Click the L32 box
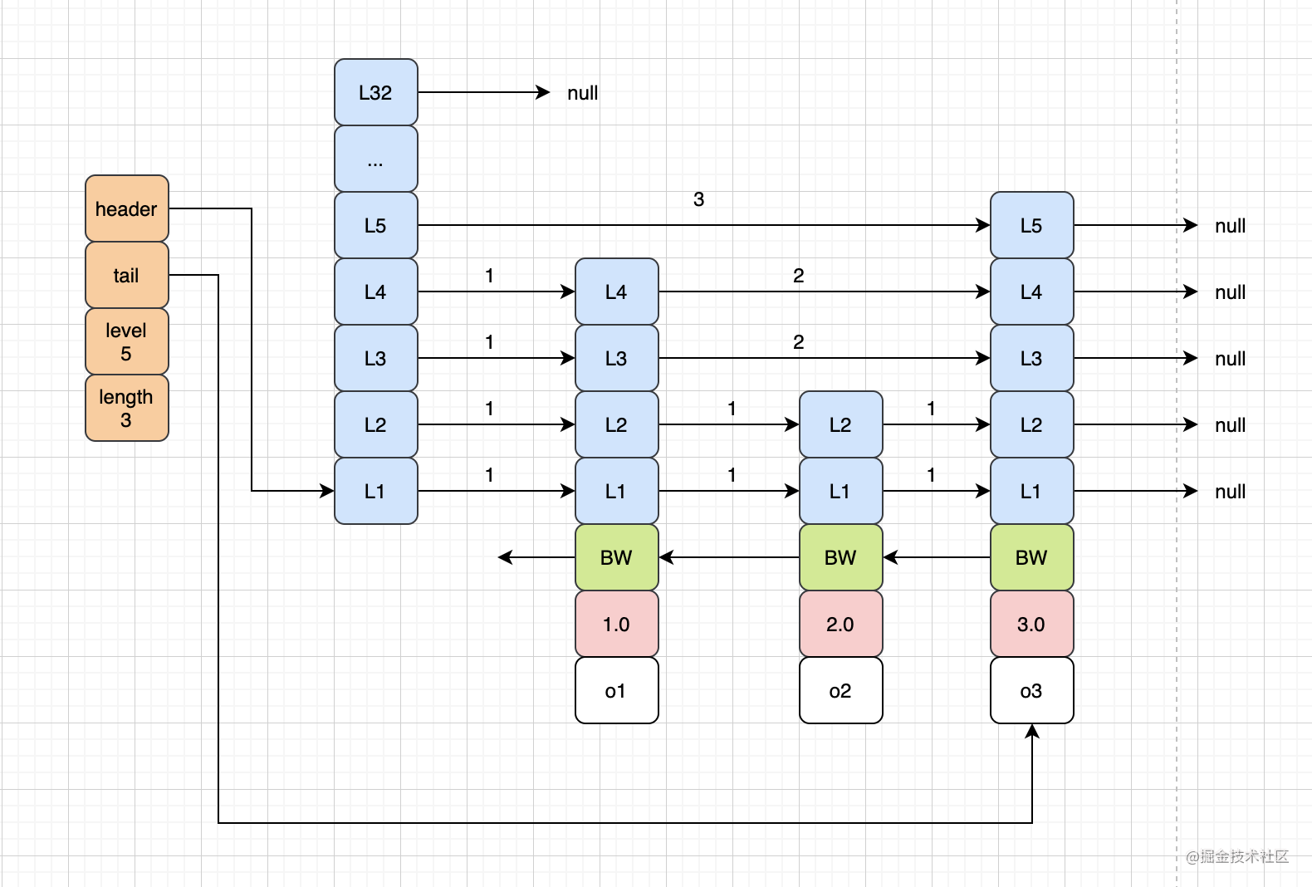pyautogui.click(x=375, y=92)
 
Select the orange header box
pyautogui.click(x=126, y=208)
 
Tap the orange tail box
pyautogui.click(x=126, y=275)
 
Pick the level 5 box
pyautogui.click(x=126, y=341)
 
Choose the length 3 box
pyautogui.click(x=126, y=408)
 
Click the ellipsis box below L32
pyautogui.click(x=375, y=159)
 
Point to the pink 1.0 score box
pyautogui.click(x=616, y=624)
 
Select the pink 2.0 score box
pyautogui.click(x=840, y=624)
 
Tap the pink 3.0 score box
pyautogui.click(x=1031, y=624)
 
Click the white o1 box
pyautogui.click(x=616, y=690)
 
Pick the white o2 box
pyautogui.click(x=840, y=690)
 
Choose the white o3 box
pyautogui.click(x=1031, y=690)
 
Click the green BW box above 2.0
pyautogui.click(x=840, y=557)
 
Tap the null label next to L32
pyautogui.click(x=582, y=93)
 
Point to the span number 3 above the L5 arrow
pyautogui.click(x=698, y=199)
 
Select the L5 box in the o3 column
pyautogui.click(x=1031, y=225)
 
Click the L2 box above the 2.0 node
pyautogui.click(x=840, y=424)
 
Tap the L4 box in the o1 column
pyautogui.click(x=616, y=292)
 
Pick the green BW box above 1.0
pyautogui.click(x=616, y=557)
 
